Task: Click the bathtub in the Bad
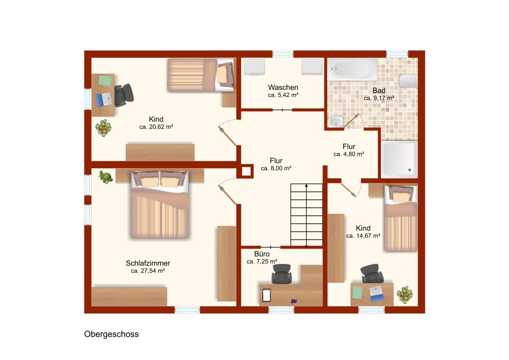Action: tap(352, 70)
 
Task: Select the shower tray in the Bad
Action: tap(399, 159)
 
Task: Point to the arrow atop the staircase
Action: tap(306, 185)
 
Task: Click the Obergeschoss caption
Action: tap(111, 334)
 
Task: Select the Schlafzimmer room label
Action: tap(148, 263)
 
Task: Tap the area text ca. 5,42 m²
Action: tap(283, 95)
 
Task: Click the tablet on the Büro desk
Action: tap(266, 295)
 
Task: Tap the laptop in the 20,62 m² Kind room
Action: tap(104, 99)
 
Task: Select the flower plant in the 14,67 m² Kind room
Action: tap(405, 294)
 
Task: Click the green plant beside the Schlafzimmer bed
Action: tap(106, 177)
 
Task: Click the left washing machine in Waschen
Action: tap(254, 66)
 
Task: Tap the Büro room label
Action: tap(262, 254)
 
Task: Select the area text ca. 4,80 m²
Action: tap(349, 154)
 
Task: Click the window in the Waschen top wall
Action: tap(283, 54)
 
